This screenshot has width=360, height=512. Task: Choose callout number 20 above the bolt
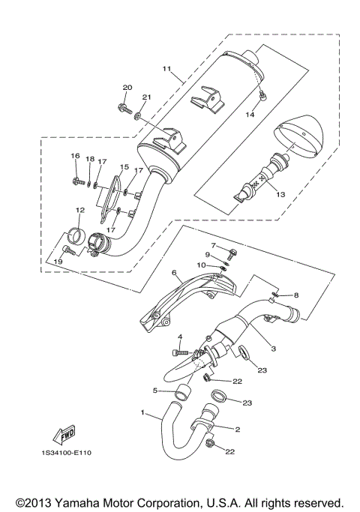click(x=127, y=88)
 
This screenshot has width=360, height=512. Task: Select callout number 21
click(x=146, y=97)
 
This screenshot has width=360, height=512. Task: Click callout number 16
click(x=75, y=155)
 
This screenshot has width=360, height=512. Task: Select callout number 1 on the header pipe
click(x=143, y=413)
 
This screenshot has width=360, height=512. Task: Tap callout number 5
click(x=155, y=391)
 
